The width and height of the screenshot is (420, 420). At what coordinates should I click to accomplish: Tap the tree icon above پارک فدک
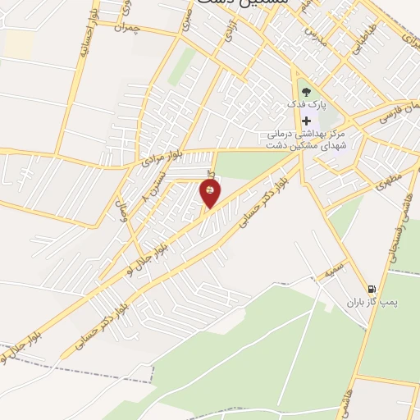click(305, 93)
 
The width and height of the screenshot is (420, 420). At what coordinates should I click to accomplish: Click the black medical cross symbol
click(306, 121)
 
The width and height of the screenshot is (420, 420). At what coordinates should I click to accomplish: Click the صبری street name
click(187, 18)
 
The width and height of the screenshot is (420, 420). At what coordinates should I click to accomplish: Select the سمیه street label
click(334, 267)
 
